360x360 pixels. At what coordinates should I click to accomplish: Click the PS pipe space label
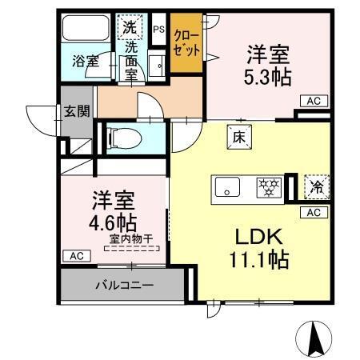tap(158, 30)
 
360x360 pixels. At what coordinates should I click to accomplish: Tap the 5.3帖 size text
tap(267, 76)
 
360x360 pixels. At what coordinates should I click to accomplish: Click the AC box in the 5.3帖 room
tap(313, 100)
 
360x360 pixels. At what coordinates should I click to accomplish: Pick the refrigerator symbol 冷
tap(317, 186)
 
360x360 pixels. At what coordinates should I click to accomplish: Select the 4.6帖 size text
tap(112, 219)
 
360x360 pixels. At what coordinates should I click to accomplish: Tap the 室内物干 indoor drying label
tap(132, 238)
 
